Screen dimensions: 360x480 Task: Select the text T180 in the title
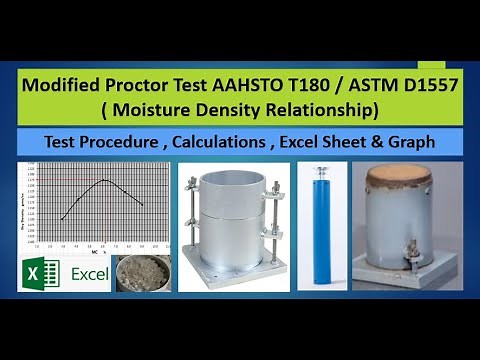pos(331,86)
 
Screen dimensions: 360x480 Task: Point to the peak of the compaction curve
pos(104,180)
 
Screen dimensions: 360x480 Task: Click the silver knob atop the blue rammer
pos(323,171)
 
